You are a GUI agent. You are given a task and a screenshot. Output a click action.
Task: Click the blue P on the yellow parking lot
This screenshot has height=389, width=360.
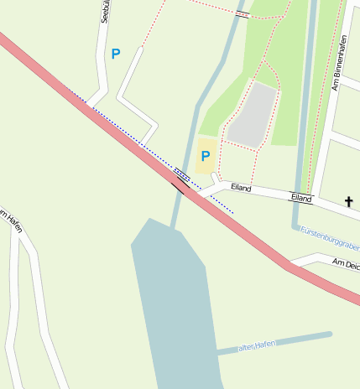pyautogui.click(x=205, y=156)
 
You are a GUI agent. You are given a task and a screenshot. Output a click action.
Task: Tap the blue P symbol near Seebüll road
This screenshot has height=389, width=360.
pyautogui.click(x=116, y=54)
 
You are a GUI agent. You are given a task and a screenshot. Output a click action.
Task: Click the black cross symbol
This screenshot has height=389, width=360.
pyautogui.click(x=348, y=201)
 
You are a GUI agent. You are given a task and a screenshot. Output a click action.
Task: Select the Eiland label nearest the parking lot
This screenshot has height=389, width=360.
pyautogui.click(x=241, y=188)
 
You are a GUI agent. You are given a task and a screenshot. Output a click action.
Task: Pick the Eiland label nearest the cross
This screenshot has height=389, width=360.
pyautogui.click(x=301, y=198)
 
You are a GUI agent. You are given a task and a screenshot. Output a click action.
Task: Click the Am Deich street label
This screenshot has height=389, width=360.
pyautogui.click(x=346, y=263)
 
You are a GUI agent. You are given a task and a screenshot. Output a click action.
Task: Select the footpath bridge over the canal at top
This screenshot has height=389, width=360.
pyautogui.click(x=242, y=14)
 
